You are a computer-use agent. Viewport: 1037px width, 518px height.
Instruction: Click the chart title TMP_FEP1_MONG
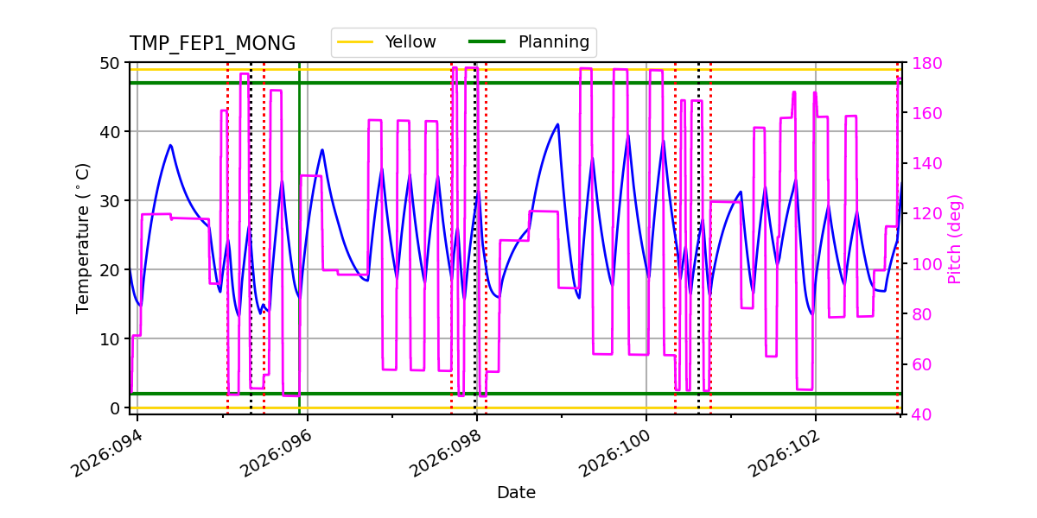pyautogui.click(x=212, y=44)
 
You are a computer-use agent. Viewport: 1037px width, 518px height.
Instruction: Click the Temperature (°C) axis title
pyautogui.click(x=83, y=237)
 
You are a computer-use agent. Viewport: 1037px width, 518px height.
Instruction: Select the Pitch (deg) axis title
pyautogui.click(x=954, y=238)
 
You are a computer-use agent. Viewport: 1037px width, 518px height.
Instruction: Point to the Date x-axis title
pyautogui.click(x=516, y=493)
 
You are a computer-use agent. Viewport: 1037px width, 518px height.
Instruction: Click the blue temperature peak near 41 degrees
pyautogui.click(x=557, y=124)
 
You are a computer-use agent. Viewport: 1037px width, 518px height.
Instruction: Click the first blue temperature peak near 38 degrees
pyautogui.click(x=170, y=145)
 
